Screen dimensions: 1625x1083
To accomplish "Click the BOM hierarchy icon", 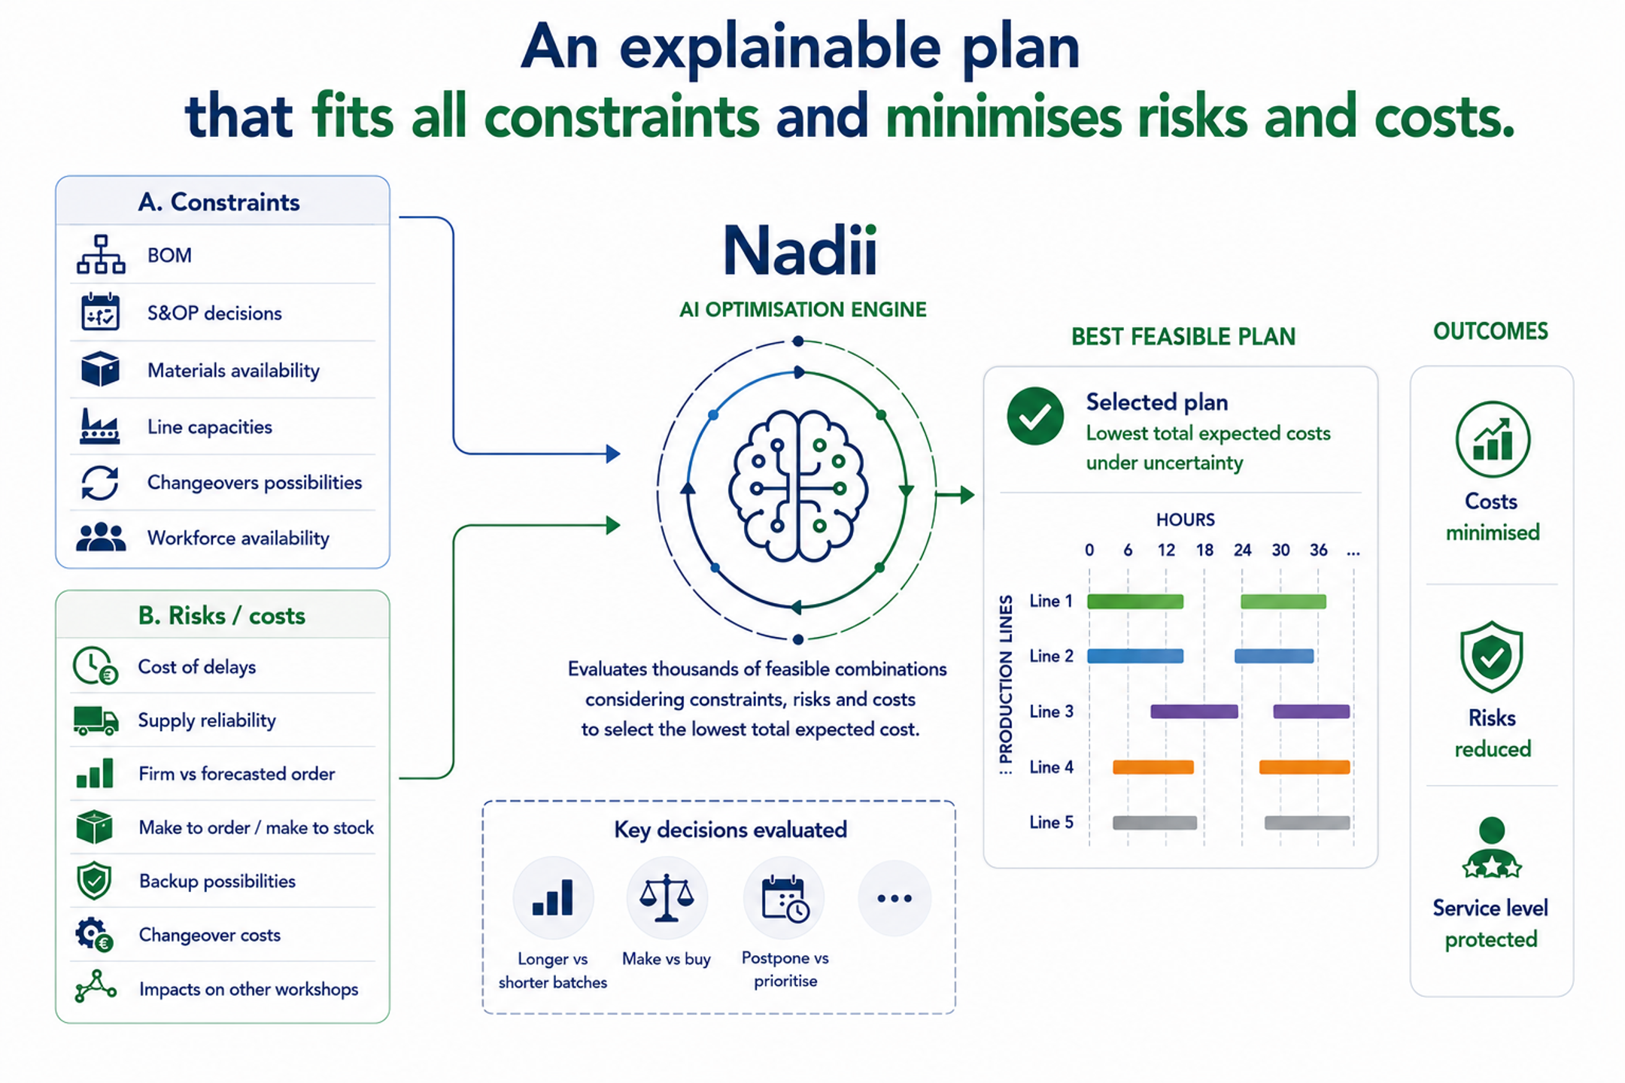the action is pos(100,254).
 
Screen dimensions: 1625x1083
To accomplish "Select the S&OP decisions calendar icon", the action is pos(100,312).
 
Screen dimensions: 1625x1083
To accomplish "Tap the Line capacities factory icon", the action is pos(100,426).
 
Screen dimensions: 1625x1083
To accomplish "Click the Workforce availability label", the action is pos(238,538).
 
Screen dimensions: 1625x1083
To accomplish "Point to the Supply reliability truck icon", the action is pos(96,720).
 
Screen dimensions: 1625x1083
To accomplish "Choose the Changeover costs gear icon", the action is pos(94,934).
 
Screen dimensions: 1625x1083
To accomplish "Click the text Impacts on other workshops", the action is pos(248,989).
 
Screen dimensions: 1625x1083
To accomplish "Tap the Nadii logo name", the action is pos(800,250).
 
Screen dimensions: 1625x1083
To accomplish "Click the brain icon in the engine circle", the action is pos(798,487).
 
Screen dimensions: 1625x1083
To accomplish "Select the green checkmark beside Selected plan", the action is pos(1035,416).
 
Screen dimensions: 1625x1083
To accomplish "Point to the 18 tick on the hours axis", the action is pos(1204,550).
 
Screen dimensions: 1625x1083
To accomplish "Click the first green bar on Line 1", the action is pos(1135,601).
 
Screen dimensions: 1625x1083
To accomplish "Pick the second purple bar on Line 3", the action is pos(1311,711).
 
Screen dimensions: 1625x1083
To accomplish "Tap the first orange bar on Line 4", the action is pos(1153,767).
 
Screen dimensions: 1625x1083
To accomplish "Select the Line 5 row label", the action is pos(1051,822).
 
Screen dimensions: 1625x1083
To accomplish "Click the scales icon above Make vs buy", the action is pos(667,897).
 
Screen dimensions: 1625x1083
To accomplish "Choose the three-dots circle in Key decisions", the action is pos(895,898).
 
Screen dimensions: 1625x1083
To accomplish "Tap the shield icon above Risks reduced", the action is pos(1491,657).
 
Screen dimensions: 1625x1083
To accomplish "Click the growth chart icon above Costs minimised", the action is pos(1493,439).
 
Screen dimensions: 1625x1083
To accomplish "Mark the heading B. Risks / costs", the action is pos(222,616).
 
